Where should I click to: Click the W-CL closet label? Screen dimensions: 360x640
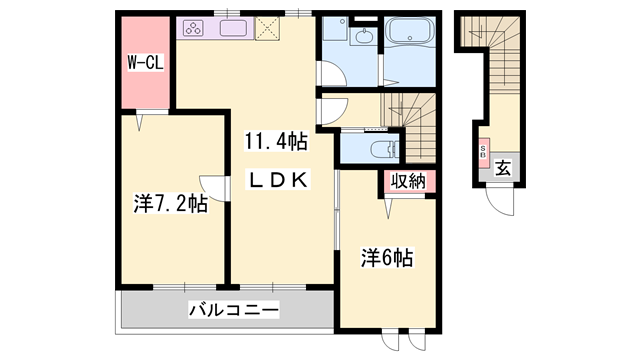(146, 62)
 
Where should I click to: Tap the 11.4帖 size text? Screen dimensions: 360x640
(270, 142)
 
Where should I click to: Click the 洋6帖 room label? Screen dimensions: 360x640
(387, 258)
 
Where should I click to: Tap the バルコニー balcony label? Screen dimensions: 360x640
(233, 309)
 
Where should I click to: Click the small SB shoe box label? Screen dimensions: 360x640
(483, 154)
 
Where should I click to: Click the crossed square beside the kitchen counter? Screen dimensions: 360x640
(269, 29)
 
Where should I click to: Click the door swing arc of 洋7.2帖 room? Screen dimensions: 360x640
(211, 185)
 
